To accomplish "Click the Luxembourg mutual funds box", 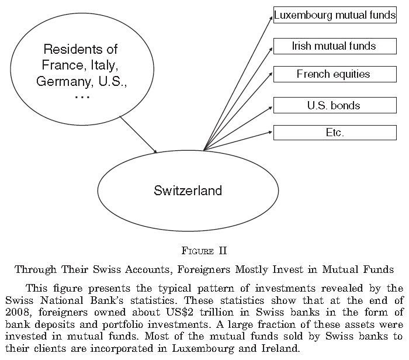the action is click(335, 15).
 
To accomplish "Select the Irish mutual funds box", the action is click(335, 46).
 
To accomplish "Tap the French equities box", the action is click(335, 74).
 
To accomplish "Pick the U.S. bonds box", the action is click(335, 105).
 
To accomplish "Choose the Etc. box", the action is click(335, 133).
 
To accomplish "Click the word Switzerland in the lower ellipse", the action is click(188, 191).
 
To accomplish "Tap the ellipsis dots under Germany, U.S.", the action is click(82, 97).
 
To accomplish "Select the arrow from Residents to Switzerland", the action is click(138, 134).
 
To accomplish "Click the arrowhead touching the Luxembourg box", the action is click(272, 18).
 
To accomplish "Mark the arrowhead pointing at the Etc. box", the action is click(271, 132).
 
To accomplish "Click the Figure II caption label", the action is click(204, 251).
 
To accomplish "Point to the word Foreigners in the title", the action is click(204, 269).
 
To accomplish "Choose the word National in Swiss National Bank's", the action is click(61, 300).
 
